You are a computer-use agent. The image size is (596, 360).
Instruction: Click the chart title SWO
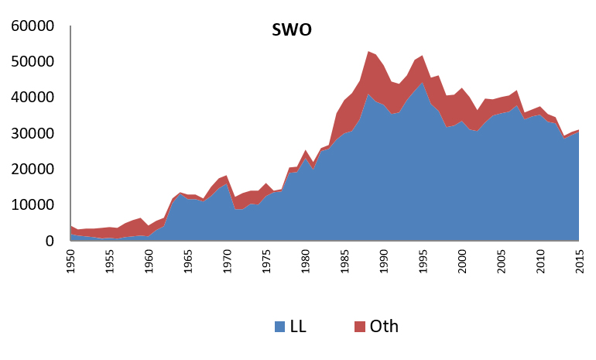click(290, 31)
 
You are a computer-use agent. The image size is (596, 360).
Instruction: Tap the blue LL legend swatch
click(279, 327)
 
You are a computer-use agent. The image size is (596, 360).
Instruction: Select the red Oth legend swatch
click(358, 327)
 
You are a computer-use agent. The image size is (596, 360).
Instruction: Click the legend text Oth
click(384, 327)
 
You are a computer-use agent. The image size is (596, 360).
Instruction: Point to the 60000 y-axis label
click(33, 26)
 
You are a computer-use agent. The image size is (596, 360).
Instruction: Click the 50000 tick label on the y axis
click(33, 62)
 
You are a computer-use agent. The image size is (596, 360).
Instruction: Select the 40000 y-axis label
click(33, 98)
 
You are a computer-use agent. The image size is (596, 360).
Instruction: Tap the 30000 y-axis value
click(33, 134)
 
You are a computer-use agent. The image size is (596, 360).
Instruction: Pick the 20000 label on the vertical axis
click(33, 170)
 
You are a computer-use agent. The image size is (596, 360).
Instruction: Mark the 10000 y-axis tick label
click(33, 205)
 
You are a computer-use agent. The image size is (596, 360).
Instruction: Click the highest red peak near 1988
click(368, 53)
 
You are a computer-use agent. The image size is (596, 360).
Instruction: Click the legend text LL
click(298, 327)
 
